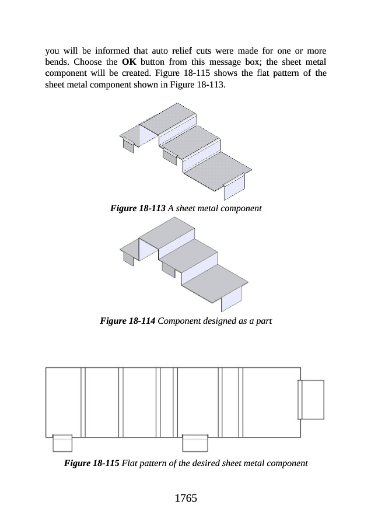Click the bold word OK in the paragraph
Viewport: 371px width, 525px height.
(x=129, y=61)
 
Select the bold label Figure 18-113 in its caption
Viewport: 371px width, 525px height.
(x=138, y=208)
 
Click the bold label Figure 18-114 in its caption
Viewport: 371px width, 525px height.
(x=128, y=321)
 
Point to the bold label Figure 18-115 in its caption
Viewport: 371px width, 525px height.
(x=91, y=464)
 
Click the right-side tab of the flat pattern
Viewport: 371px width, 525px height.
(x=311, y=399)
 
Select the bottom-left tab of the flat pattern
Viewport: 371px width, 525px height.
(x=62, y=443)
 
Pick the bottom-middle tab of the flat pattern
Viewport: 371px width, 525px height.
(x=195, y=443)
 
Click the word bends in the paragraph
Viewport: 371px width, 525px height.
(x=57, y=61)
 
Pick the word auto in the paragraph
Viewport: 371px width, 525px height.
(x=171, y=50)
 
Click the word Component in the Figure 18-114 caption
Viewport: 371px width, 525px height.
(x=179, y=321)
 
